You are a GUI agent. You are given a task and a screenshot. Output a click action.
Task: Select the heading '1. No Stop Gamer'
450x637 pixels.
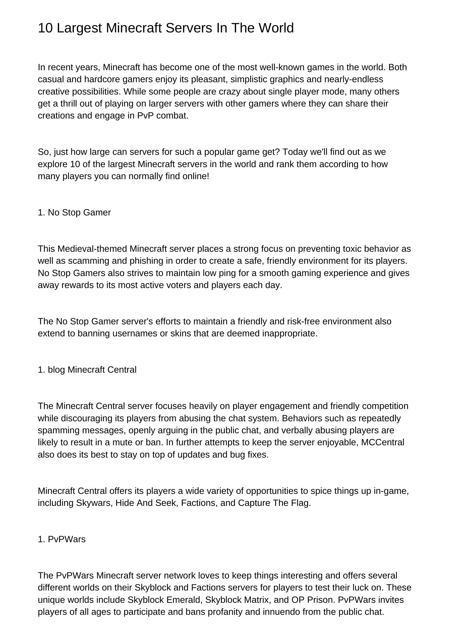(74, 212)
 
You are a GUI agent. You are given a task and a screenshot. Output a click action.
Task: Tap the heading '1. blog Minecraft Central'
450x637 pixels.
(87, 370)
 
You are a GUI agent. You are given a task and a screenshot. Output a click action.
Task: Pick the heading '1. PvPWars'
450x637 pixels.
(61, 539)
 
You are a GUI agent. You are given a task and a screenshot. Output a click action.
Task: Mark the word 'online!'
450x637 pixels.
(196, 176)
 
